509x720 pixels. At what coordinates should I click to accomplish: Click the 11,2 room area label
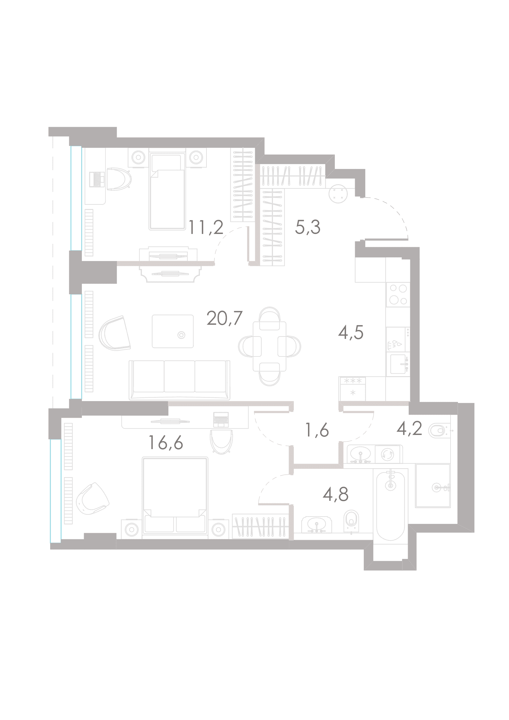206,227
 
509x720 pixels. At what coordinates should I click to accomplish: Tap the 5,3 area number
307,227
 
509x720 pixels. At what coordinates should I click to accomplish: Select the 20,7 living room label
224,319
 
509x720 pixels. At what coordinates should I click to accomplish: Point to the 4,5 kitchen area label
351,332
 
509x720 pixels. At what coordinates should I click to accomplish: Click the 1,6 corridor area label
317,430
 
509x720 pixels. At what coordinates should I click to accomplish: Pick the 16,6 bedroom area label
166,442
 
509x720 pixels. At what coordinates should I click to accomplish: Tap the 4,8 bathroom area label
336,494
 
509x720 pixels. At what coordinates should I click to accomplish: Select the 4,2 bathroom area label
409,428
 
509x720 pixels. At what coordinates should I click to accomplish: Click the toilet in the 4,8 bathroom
351,520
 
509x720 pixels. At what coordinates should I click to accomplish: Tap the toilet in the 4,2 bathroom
439,431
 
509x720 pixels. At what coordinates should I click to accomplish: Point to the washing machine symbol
387,454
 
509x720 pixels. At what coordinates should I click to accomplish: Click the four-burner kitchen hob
398,295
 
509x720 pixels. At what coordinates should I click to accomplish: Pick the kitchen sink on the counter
398,364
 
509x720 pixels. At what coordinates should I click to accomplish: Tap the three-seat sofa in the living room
179,380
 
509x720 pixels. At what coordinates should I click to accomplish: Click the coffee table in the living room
173,331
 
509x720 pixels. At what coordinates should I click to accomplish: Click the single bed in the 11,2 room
167,191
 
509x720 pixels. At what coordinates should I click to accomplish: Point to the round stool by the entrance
338,194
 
